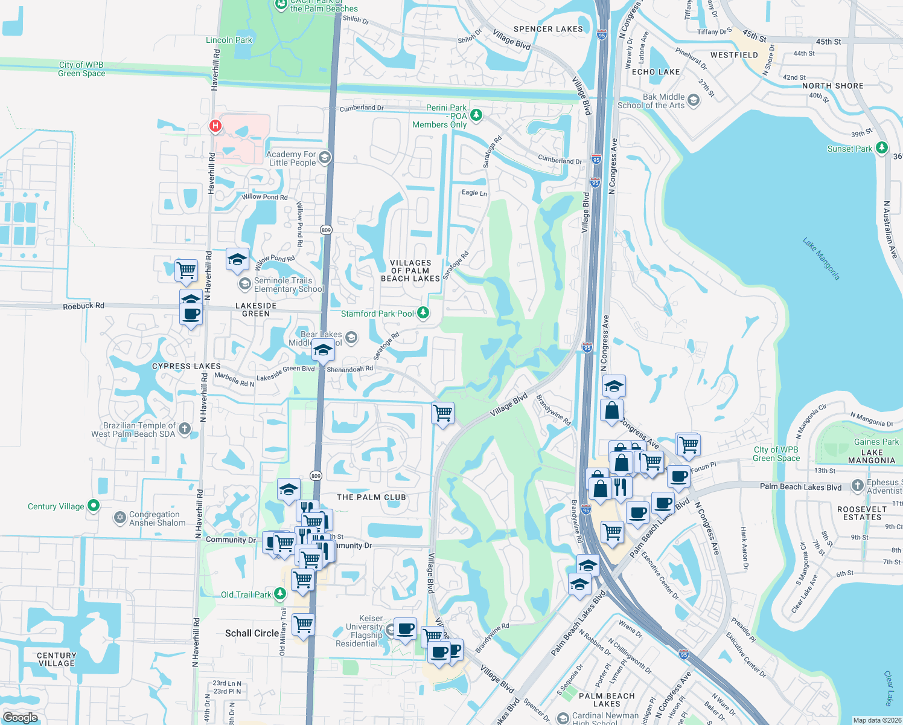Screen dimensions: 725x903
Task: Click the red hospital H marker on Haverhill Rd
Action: coord(215,126)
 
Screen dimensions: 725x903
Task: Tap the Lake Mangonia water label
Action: coord(821,259)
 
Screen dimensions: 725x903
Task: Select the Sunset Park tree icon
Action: coord(882,147)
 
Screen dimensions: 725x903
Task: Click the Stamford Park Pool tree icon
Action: coord(423,312)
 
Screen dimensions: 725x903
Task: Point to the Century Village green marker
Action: coord(94,506)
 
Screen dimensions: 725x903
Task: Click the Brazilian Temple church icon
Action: coord(185,429)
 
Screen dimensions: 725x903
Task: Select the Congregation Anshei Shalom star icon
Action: coord(120,518)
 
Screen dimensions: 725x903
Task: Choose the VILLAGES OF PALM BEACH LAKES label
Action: coord(410,271)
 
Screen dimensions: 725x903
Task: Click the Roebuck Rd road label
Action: coord(83,306)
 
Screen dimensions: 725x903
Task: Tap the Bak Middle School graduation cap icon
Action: coord(694,100)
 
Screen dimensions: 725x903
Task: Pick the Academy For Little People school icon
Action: coord(325,158)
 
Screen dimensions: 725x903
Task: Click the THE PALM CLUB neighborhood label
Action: coord(371,497)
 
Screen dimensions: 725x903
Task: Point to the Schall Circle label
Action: coord(252,633)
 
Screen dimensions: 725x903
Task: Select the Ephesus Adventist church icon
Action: coord(858,485)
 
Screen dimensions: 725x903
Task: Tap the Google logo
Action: coord(20,717)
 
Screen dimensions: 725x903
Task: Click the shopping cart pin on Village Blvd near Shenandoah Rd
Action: coord(443,414)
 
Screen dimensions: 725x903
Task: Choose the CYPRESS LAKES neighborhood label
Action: coord(186,366)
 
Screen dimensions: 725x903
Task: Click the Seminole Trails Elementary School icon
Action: coord(245,283)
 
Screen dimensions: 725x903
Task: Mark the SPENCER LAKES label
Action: coord(548,29)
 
